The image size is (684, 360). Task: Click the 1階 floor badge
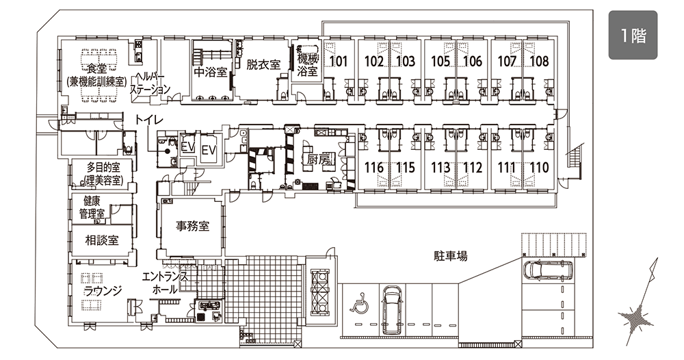coord(633,35)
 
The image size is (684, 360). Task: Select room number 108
coord(540,61)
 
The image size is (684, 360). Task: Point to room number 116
coord(374,168)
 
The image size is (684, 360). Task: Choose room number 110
coord(539,168)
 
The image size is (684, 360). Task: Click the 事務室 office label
coord(192,226)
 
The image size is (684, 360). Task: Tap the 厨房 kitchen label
coord(319,159)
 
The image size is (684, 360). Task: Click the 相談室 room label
coord(102,240)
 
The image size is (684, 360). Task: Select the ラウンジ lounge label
coord(103,291)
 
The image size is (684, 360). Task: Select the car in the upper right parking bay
coord(549,270)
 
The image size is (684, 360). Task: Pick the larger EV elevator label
coord(209,150)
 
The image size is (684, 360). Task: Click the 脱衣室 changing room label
coord(263,64)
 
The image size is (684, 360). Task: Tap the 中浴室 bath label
coord(211,72)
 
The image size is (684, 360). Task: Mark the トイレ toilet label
coord(148,120)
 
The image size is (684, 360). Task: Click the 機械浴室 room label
coord(308,64)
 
